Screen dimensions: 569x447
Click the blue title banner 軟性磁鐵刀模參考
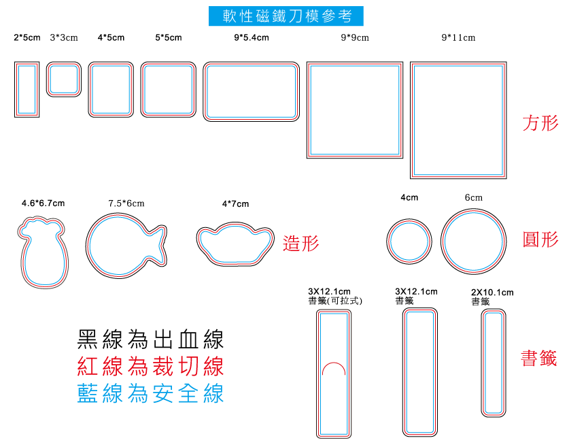286,16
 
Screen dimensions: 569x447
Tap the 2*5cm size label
27,37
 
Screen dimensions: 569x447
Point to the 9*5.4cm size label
252,37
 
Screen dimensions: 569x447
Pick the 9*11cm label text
458,37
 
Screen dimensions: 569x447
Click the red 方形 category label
540,122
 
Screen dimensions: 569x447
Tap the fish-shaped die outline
87,246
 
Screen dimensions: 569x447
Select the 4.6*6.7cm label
44,203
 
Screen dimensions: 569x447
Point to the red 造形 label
301,243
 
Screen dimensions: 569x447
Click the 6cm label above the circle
474,197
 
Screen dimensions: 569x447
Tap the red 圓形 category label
540,239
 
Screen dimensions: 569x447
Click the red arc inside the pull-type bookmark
334,363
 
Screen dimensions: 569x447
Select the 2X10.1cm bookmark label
492,293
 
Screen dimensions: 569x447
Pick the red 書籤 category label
539,358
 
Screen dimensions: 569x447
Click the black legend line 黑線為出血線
150,340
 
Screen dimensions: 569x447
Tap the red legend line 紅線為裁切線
150,366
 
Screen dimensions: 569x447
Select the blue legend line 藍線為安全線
150,393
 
